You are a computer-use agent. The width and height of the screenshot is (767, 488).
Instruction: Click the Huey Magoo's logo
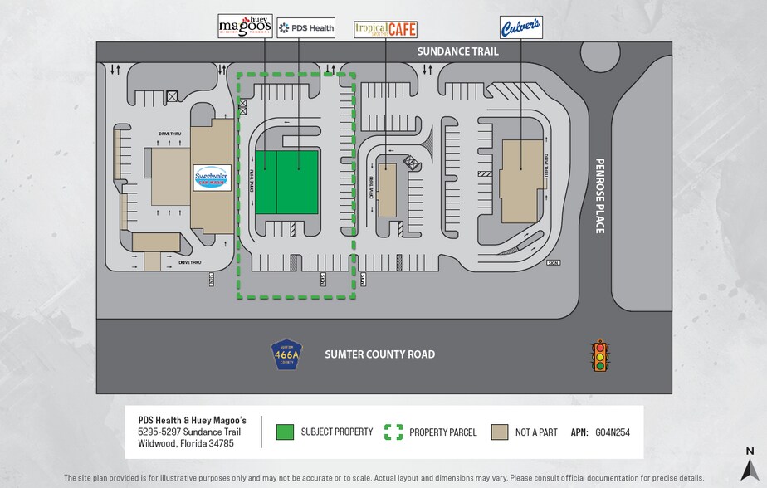point(245,27)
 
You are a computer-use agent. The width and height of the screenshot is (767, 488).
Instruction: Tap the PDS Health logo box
point(306,27)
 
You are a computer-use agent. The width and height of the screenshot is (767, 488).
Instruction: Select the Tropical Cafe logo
point(385,29)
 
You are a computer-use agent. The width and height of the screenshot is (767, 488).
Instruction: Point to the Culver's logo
point(520,27)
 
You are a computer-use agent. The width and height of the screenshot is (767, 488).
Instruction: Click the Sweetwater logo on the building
point(212,178)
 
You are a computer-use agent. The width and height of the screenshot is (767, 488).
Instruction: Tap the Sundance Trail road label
point(457,51)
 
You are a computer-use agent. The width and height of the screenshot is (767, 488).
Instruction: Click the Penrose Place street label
point(600,196)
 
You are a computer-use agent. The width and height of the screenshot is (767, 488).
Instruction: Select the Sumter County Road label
point(379,354)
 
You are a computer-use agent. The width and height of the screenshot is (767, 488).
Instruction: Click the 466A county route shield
point(286,354)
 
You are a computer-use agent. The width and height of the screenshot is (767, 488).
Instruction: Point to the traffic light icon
point(598,355)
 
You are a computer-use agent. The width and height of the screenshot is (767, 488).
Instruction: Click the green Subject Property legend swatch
point(285,432)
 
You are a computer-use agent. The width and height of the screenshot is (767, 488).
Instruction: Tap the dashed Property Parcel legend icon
point(393,432)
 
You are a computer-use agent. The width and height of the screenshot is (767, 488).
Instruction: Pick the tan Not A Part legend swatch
point(500,432)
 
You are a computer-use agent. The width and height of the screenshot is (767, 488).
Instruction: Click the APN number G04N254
point(613,432)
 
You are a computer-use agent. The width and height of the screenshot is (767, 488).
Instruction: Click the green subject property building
point(286,183)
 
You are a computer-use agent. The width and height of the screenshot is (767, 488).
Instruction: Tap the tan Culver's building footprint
point(520,181)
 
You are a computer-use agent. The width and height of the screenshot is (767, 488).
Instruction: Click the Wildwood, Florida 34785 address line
point(186,444)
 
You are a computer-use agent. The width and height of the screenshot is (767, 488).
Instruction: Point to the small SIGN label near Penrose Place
point(553,263)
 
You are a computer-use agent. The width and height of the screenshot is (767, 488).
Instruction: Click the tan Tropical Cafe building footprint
point(388,190)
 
